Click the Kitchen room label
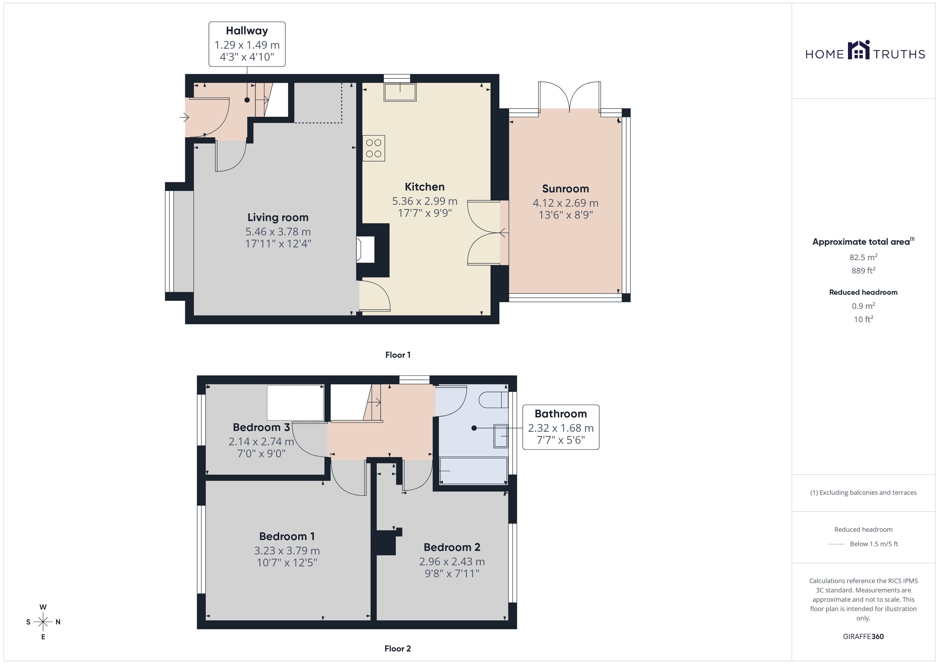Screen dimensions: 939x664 click(425, 187)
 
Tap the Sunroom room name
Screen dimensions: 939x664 click(566, 189)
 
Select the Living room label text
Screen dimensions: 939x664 click(278, 218)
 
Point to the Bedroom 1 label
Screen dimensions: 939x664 click(287, 536)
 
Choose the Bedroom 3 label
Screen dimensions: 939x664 click(261, 427)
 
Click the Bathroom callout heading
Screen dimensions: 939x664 click(561, 414)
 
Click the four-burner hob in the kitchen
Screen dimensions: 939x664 click(373, 148)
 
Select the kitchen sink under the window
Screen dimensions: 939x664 click(400, 92)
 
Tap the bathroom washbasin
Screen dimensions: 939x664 click(501, 436)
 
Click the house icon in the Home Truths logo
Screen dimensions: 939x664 click(858, 50)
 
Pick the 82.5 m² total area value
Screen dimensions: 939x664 click(863, 257)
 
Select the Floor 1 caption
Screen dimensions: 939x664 click(398, 355)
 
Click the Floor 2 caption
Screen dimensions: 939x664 click(398, 649)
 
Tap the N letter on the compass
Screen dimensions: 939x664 click(58, 622)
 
